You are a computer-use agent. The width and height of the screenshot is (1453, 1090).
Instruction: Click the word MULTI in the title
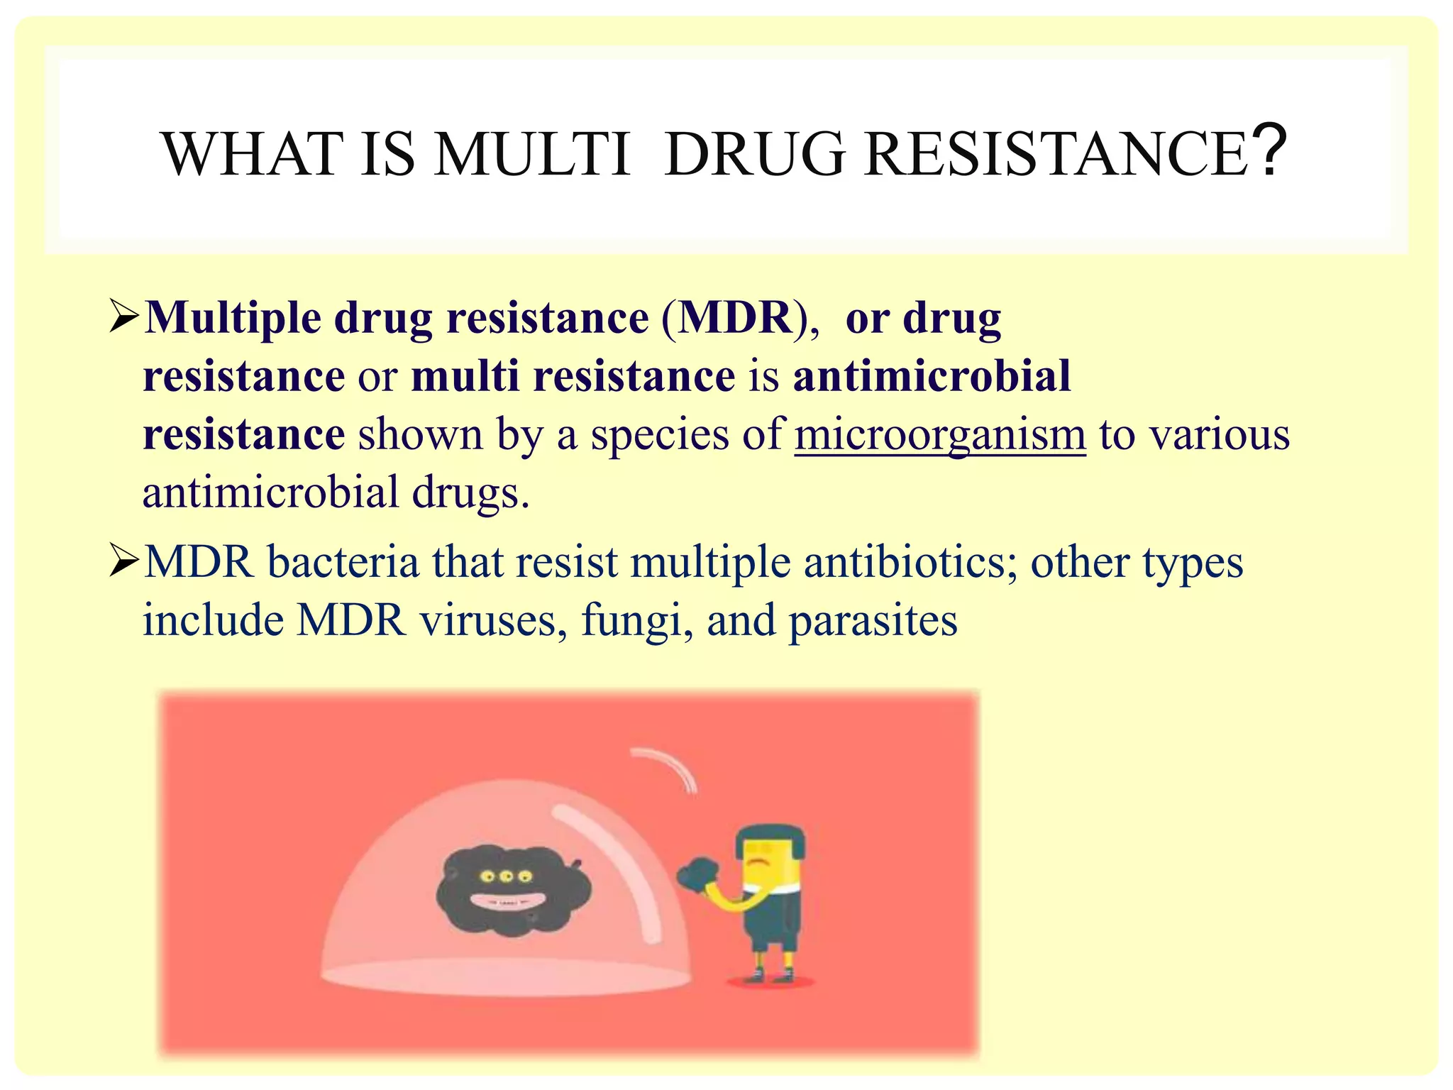coord(532,154)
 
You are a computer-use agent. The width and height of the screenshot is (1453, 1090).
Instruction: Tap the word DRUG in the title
coord(756,154)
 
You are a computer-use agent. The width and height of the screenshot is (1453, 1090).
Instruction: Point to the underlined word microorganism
coord(940,434)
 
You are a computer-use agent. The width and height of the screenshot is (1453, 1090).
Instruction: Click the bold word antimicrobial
coord(932,375)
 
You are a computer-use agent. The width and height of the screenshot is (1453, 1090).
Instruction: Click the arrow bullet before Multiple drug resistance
coord(126,317)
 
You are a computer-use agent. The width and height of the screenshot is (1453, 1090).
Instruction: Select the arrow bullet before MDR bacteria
coord(126,562)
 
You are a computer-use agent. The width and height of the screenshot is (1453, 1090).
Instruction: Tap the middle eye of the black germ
coord(505,876)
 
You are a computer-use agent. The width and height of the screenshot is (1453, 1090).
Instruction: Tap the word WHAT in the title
coord(252,154)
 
